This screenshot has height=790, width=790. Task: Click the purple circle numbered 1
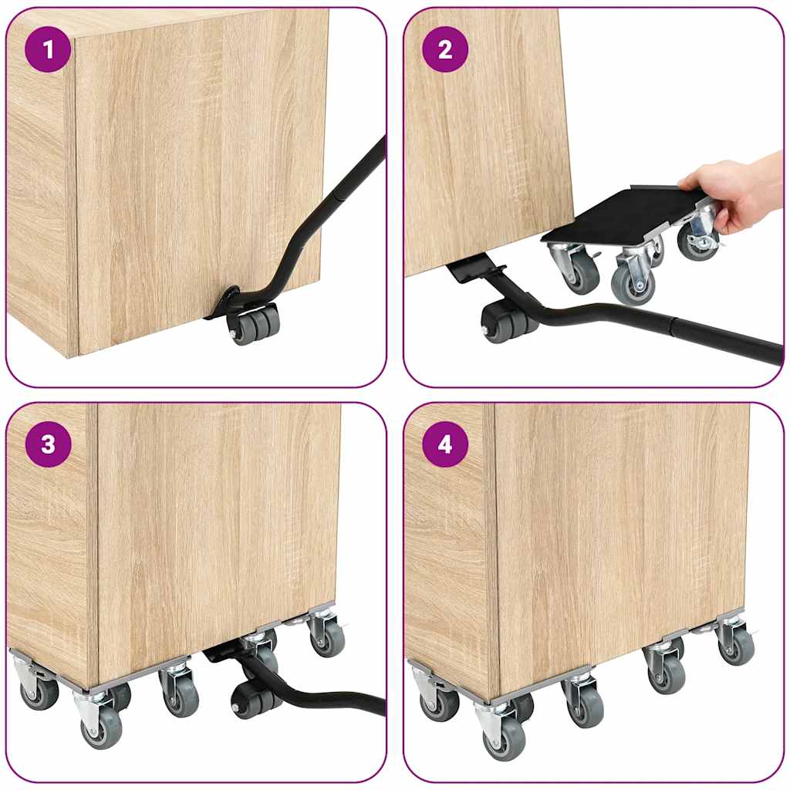tap(49, 50)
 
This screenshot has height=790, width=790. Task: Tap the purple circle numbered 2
tap(445, 50)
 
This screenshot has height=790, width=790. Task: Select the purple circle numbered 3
tap(49, 445)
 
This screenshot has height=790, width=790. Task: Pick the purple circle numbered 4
tap(445, 445)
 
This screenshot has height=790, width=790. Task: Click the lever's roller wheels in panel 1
tap(255, 324)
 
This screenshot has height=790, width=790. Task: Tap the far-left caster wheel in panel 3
tap(39, 692)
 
